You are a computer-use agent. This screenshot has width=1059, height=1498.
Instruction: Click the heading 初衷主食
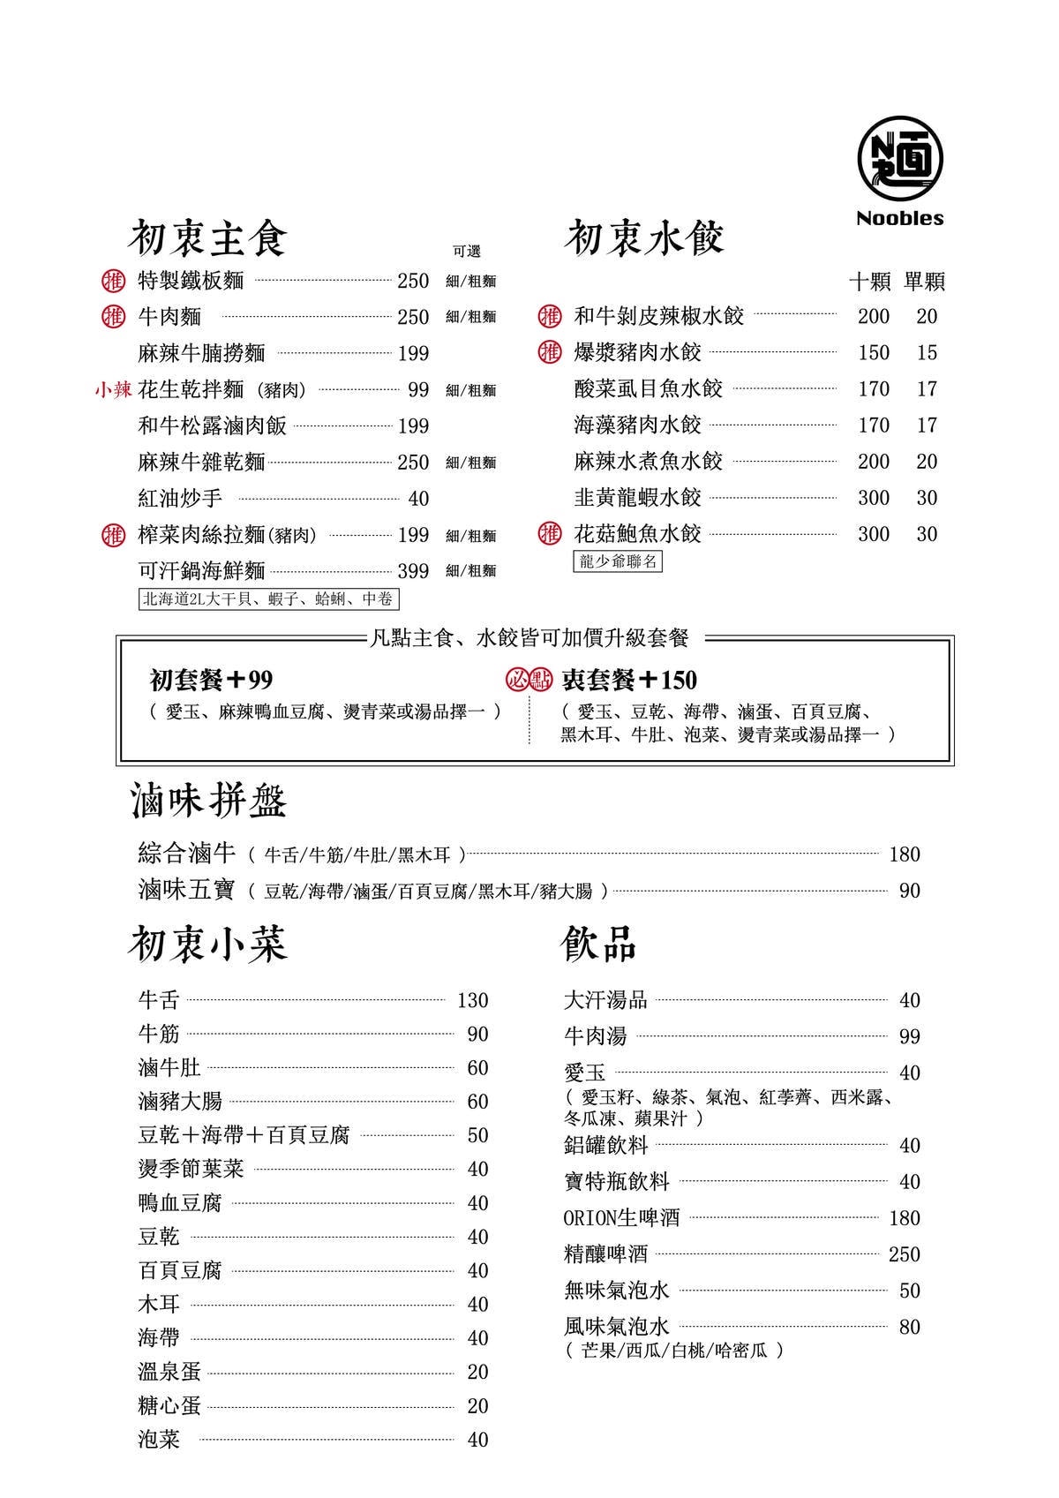pos(208,238)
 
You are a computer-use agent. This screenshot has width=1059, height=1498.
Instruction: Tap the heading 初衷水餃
pos(645,238)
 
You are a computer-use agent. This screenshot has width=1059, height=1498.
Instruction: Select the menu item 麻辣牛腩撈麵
pos(202,353)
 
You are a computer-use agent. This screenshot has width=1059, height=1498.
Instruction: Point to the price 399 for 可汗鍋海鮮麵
pos(413,571)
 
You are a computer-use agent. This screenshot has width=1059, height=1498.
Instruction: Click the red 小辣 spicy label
pos(113,389)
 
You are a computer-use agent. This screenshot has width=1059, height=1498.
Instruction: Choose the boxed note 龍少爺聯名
pos(618,561)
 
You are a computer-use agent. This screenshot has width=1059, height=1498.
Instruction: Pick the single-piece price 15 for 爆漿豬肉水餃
pos(927,352)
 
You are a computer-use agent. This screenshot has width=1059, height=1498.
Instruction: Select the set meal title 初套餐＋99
pos(212,680)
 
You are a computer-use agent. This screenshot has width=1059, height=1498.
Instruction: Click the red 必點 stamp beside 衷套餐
pos(529,679)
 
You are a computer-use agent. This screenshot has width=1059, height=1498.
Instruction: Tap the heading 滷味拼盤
pos(209,802)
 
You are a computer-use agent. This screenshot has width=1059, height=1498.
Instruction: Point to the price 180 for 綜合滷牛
pos(905,854)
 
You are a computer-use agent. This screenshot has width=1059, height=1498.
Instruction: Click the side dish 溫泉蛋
pos(169,1371)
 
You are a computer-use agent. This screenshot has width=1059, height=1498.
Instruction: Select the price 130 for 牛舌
pos(472,1000)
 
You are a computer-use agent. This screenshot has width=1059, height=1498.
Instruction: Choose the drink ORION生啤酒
pos(622,1218)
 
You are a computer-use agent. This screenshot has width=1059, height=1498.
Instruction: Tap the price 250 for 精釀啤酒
pos(905,1254)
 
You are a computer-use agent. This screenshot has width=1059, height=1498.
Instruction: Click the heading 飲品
pos(599,945)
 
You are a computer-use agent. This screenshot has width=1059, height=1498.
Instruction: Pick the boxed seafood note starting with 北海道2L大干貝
pos(268,599)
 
